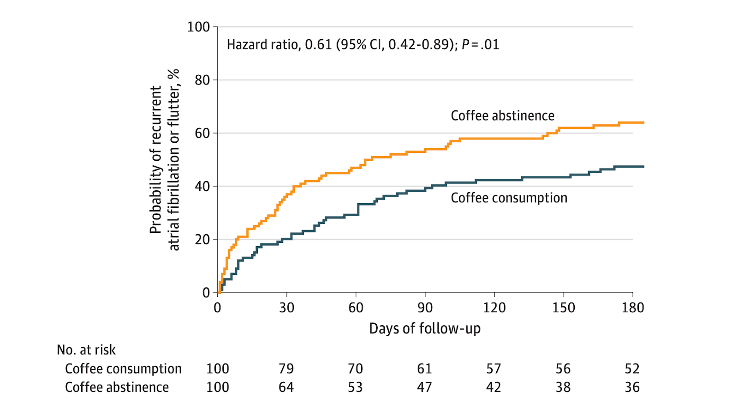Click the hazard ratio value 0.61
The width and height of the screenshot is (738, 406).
coord(318,45)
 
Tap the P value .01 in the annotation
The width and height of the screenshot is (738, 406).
coord(489,45)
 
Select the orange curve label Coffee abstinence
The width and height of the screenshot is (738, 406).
coord(502,116)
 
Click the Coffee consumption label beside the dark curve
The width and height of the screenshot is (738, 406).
coord(509,198)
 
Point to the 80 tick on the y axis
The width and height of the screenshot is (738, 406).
coord(202,80)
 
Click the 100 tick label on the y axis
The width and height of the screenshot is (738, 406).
coord(198,27)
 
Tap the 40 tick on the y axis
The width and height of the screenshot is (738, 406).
coord(202,187)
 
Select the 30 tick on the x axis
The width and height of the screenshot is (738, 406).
coord(286,308)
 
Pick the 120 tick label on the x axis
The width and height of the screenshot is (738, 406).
coord(494,308)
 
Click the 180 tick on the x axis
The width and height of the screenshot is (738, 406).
coord(632,308)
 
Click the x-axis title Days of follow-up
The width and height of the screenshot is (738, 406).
coord(425,329)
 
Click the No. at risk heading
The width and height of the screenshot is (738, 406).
coord(86,350)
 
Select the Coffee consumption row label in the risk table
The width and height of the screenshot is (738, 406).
coord(123,369)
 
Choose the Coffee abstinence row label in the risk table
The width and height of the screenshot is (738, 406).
coord(117,388)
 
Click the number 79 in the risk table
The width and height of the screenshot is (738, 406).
coord(286,369)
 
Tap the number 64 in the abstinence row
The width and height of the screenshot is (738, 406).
coord(286,388)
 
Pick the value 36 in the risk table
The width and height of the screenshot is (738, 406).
coord(632,388)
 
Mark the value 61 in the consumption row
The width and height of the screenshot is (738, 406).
coord(424,369)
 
